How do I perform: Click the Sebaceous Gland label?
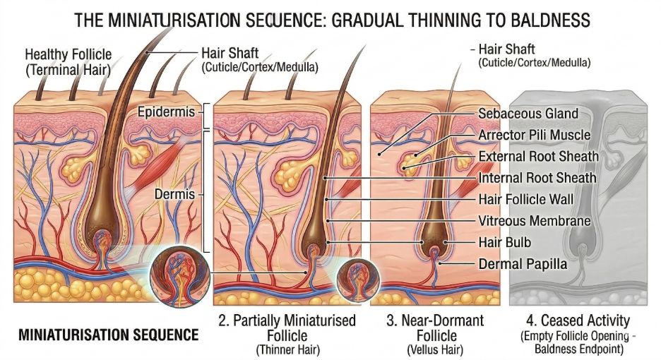point(528,113)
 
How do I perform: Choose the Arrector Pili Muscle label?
point(534,135)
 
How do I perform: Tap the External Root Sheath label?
point(538,156)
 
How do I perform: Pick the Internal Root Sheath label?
point(537,178)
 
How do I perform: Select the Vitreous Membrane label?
point(534,221)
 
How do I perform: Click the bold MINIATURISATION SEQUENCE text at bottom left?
point(106,334)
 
